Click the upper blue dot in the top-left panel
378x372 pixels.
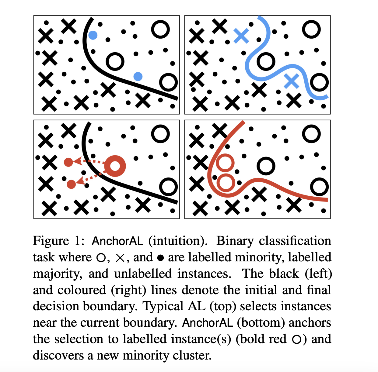pyautogui.click(x=93, y=35)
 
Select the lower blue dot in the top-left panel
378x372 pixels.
pyautogui.click(x=138, y=76)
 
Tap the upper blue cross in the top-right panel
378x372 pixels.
pyautogui.click(x=241, y=36)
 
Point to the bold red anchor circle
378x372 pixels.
pyautogui.click(x=115, y=166)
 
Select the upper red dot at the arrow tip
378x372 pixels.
pyautogui.click(x=68, y=162)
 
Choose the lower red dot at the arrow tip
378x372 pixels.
pyautogui.click(x=71, y=184)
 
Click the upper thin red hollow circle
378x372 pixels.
pyautogui.click(x=225, y=163)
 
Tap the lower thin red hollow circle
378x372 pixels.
pyautogui.click(x=226, y=183)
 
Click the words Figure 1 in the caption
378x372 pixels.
pyautogui.click(x=58, y=241)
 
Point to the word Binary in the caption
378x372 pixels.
pyautogui.click(x=235, y=241)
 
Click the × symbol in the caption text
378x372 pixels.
pyautogui.click(x=120, y=258)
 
